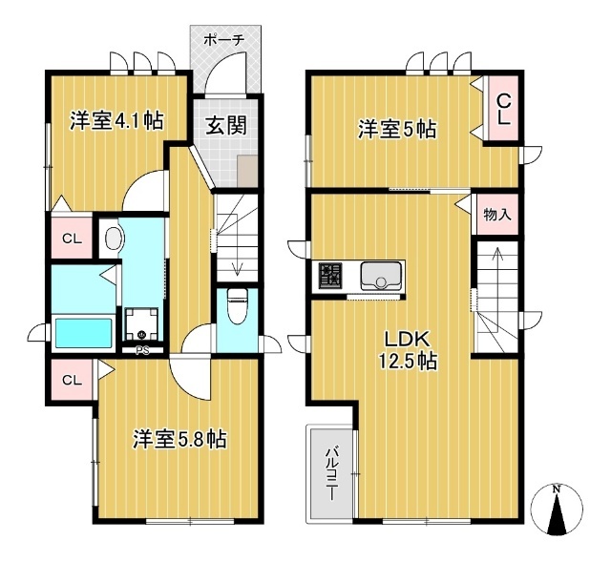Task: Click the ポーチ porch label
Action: click(224, 40)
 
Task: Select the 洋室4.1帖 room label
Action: click(116, 120)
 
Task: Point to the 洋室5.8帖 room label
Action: click(179, 439)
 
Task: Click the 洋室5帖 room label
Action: click(397, 129)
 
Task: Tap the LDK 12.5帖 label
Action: click(408, 349)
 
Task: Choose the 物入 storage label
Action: click(497, 215)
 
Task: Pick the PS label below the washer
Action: click(142, 350)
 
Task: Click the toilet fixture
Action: click(236, 307)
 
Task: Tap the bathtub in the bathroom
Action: click(83, 333)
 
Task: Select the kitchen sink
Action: click(381, 276)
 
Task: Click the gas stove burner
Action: click(330, 275)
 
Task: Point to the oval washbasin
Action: click(115, 239)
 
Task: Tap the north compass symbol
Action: click(558, 509)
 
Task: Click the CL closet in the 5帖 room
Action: click(503, 108)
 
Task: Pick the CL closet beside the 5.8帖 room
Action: click(73, 380)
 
